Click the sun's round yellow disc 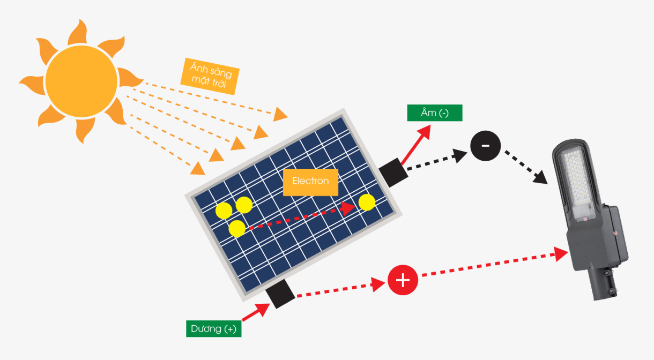(81, 81)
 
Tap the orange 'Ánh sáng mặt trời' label (210, 76)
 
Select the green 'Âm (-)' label (435, 112)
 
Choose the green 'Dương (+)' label (214, 329)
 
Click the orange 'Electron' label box (311, 182)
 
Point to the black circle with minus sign (486, 146)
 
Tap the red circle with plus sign (403, 280)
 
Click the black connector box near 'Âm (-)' (393, 172)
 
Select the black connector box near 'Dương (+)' (280, 294)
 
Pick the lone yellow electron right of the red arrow (367, 202)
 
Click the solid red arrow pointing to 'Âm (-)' (416, 145)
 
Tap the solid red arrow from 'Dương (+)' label (256, 312)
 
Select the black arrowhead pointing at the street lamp (540, 177)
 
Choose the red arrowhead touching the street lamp (561, 254)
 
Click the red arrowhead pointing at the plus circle (378, 284)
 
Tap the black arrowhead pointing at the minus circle (459, 155)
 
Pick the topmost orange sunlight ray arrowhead (280, 114)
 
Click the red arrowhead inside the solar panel (348, 208)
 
